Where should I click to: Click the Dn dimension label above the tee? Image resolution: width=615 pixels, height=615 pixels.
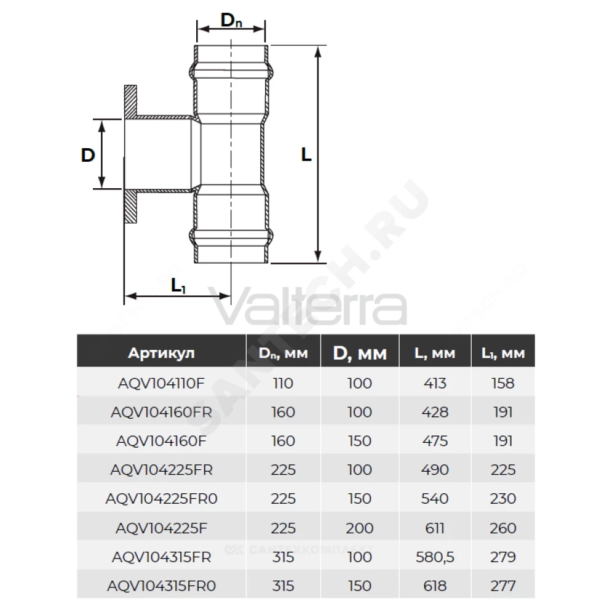(x=231, y=20)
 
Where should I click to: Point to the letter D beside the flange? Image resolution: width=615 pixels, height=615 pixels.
(x=88, y=156)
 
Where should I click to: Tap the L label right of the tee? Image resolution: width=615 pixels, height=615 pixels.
(x=306, y=154)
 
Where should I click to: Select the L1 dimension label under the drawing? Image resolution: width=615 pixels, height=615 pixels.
(x=178, y=285)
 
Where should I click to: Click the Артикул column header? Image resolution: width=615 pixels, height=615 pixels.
(x=161, y=353)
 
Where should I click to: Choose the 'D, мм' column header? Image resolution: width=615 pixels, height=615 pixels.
(x=360, y=354)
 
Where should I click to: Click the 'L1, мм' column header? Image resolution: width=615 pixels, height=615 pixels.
(x=503, y=354)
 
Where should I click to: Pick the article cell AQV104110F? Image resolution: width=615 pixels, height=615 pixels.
(x=161, y=383)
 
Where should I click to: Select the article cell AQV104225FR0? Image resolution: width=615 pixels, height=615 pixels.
(x=161, y=499)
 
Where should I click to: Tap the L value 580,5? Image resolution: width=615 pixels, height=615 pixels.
(x=435, y=557)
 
